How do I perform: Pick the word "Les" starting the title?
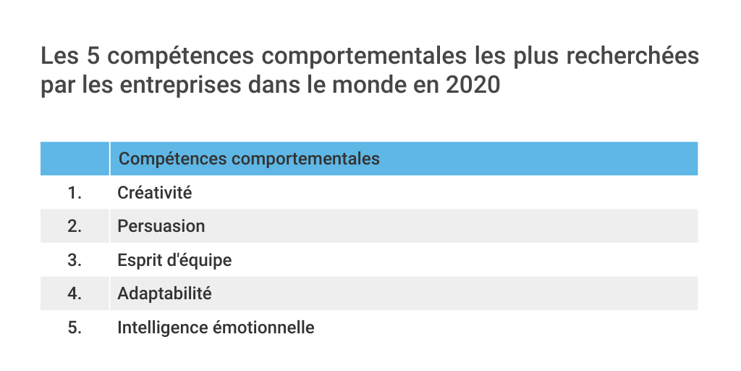[x=59, y=57]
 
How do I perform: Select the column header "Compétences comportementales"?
[x=248, y=159]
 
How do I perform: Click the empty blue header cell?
[x=75, y=159]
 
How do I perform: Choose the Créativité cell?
[x=154, y=193]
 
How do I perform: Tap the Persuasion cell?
[x=161, y=226]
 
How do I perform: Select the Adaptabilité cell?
[x=164, y=293]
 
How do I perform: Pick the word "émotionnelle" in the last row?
[x=263, y=328]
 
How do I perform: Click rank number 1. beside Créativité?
[x=75, y=193]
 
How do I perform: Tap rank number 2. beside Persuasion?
[x=75, y=226]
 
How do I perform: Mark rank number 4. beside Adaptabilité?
[x=75, y=293]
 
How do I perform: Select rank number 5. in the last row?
[x=75, y=328]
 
